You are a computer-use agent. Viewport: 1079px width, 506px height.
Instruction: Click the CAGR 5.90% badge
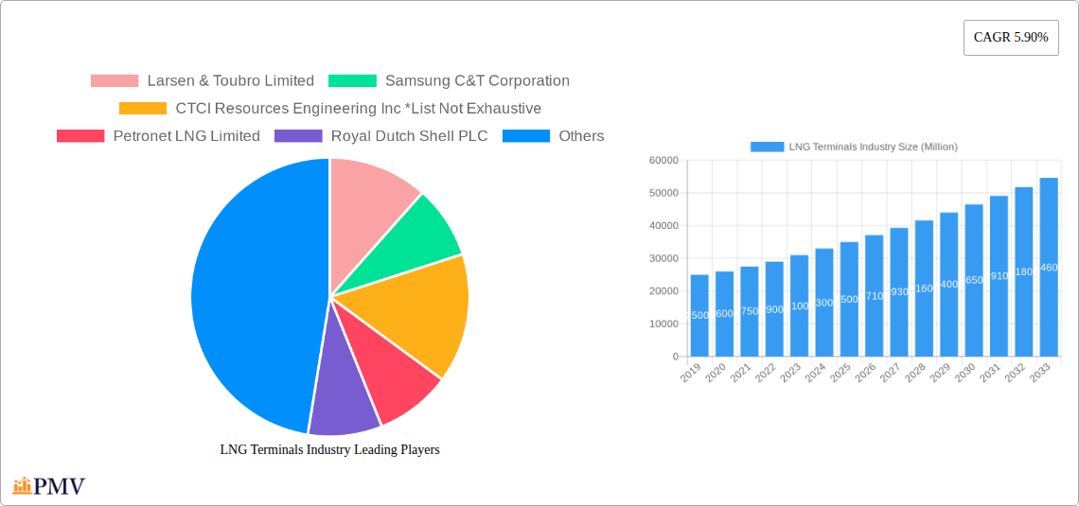point(1011,38)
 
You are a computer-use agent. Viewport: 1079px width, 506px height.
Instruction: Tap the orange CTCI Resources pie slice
point(416,312)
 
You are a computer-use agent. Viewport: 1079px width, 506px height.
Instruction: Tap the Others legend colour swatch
point(525,136)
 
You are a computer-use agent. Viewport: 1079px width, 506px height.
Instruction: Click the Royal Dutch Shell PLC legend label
point(409,136)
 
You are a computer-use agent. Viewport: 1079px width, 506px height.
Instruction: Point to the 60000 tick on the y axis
point(663,161)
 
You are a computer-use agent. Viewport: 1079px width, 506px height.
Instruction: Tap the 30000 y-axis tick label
point(663,259)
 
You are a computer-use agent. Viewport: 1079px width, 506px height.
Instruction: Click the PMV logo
point(49,486)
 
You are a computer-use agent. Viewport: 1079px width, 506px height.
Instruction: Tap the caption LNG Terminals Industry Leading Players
point(329,450)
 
